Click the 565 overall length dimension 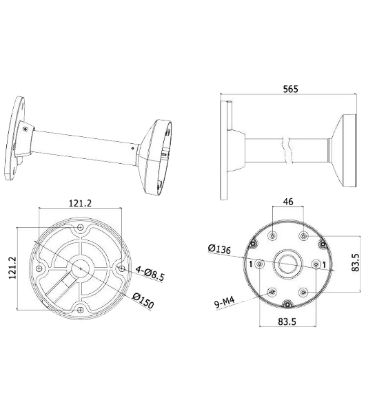290,89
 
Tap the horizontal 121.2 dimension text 80,203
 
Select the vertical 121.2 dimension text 12,268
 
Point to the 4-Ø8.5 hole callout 150,273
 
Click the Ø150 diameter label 143,301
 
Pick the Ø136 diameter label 219,248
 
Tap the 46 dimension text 288,202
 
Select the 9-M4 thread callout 225,303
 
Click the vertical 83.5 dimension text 355,262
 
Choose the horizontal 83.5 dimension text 287,321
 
